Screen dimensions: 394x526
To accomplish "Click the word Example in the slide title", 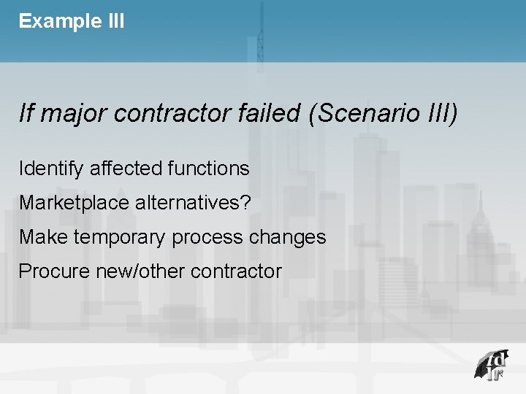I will [x=55, y=21].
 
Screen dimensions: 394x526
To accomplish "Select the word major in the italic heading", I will [x=74, y=114].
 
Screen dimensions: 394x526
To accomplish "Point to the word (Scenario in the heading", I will [x=356, y=114].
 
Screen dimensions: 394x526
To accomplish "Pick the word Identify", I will [x=51, y=169].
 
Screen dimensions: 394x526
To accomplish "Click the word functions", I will [x=209, y=169].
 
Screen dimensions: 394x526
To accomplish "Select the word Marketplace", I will [x=75, y=203].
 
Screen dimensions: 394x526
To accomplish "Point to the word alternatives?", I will [x=194, y=203].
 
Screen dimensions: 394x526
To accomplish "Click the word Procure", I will [x=49, y=271].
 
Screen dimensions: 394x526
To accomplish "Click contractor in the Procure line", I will [x=236, y=271].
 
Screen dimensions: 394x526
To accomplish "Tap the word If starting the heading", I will [x=26, y=113].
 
